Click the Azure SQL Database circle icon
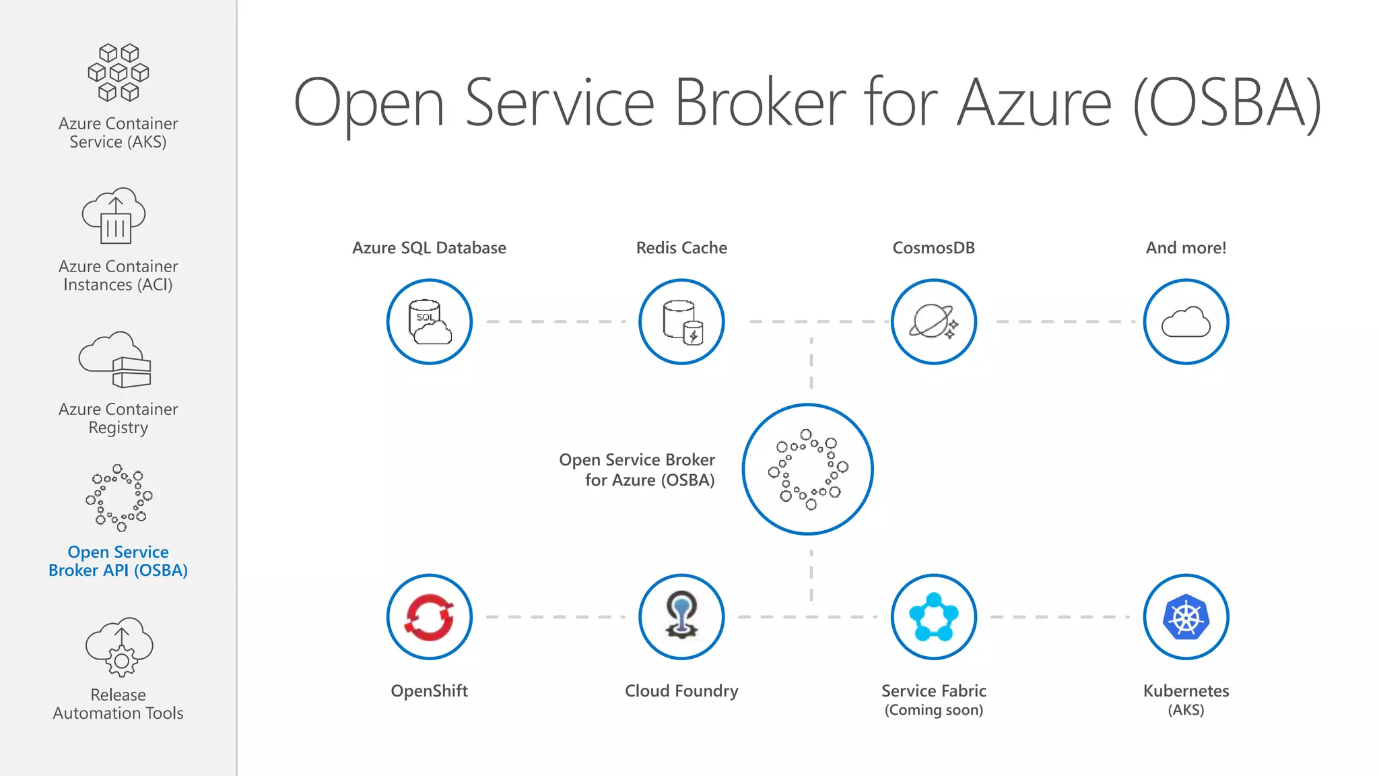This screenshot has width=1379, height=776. click(x=430, y=322)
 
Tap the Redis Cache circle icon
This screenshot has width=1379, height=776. click(x=681, y=322)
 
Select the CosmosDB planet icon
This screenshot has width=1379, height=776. click(x=933, y=322)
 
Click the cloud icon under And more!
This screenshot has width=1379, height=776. click(x=1186, y=322)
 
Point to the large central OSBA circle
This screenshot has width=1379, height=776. click(x=808, y=470)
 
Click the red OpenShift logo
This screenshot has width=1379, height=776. click(x=430, y=617)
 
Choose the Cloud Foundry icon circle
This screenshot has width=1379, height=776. click(x=681, y=617)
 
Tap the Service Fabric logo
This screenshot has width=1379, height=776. click(x=933, y=617)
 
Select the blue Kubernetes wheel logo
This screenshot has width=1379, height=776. click(x=1186, y=617)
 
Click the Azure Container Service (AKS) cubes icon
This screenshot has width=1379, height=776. click(x=119, y=73)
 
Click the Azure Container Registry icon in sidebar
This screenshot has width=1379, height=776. click(x=116, y=360)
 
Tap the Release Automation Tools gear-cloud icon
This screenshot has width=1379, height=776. click(x=119, y=647)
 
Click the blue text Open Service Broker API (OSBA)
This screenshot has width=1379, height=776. click(x=119, y=561)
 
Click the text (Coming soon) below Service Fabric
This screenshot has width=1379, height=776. click(x=933, y=710)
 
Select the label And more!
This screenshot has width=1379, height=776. click(x=1186, y=248)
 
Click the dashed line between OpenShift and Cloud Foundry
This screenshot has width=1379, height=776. click(x=556, y=617)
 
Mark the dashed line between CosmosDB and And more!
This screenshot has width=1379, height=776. click(x=1061, y=322)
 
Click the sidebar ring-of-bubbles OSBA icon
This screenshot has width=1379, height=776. click(x=119, y=498)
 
